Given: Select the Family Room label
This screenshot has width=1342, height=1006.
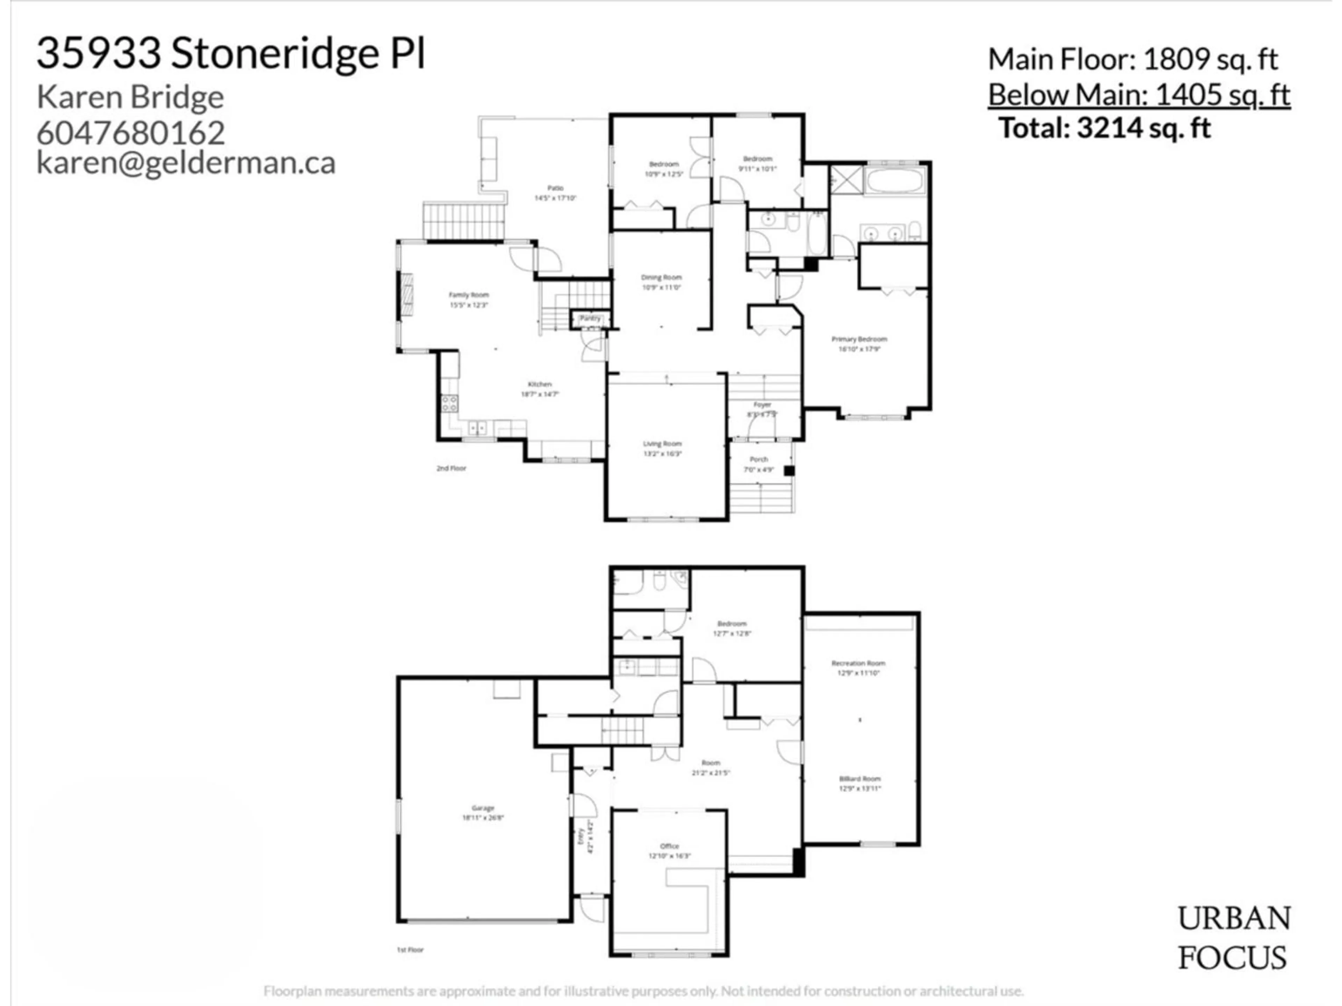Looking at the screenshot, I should pos(468,295).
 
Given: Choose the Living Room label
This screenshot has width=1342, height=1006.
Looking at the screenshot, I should pos(662,444).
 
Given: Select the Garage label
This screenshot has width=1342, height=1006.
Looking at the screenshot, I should pos(483,808).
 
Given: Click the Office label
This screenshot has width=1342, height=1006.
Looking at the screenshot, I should pos(669,846).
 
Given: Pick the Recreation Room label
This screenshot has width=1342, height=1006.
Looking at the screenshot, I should pos(858,663).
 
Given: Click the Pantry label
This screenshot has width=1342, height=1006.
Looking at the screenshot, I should pos(590,318).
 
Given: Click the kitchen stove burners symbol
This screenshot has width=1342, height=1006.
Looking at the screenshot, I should pos(449,403).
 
